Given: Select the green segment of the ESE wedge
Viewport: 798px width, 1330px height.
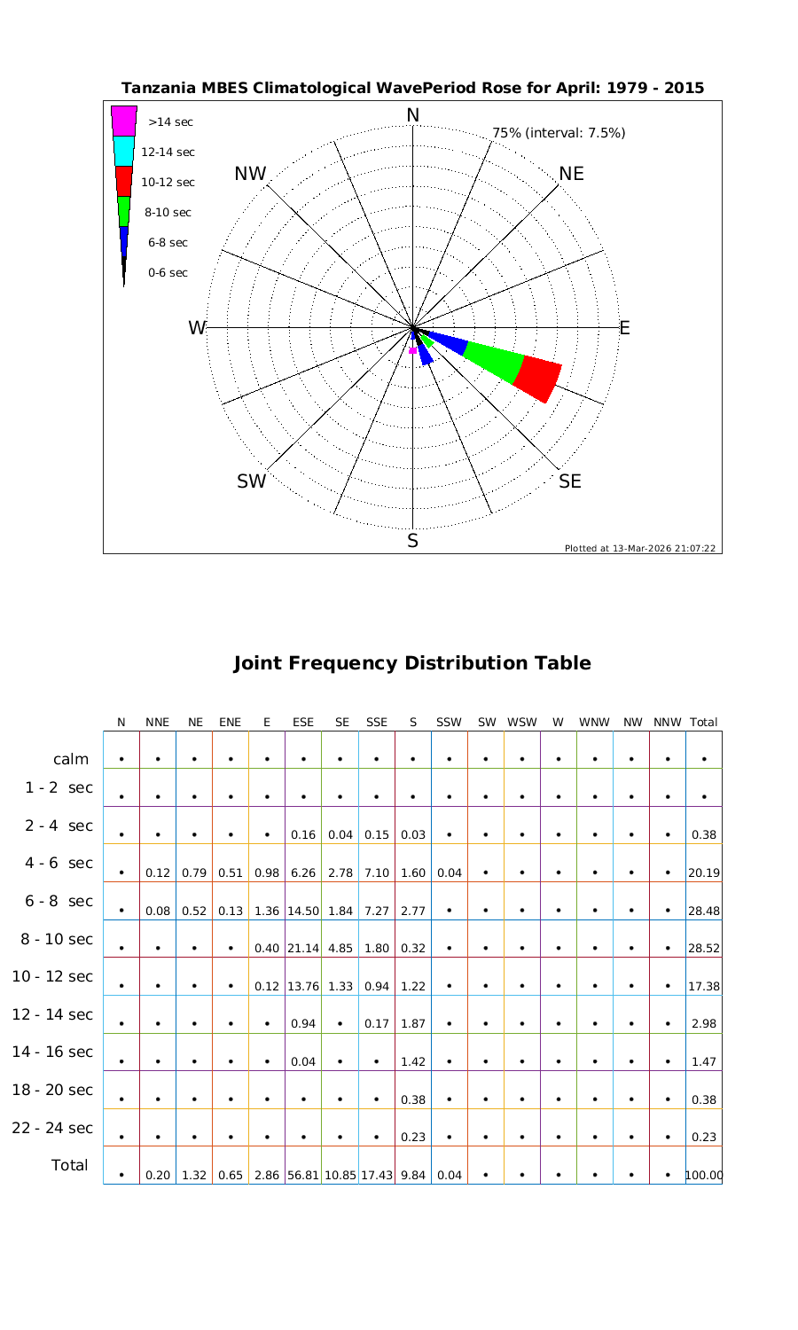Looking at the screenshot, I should coord(493,361).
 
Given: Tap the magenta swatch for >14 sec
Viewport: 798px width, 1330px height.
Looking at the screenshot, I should coord(124,121).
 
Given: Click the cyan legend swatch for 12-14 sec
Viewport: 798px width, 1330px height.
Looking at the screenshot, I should coord(124,152).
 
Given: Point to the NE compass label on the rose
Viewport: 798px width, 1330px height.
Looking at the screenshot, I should coord(572,174).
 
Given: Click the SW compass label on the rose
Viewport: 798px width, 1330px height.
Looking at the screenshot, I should coord(252,481).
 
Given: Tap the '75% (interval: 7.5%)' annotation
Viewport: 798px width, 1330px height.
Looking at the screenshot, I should coord(559,133).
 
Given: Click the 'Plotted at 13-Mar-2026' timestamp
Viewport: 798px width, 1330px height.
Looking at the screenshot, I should coord(639,548).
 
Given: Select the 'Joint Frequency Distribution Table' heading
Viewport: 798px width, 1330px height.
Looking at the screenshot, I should coord(411,663).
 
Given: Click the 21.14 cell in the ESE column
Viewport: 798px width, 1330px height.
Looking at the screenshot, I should coord(303,948).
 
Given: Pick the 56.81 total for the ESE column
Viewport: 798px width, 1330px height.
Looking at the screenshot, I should coord(303,1175).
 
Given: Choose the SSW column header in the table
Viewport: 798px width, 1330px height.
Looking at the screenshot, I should coord(450,723).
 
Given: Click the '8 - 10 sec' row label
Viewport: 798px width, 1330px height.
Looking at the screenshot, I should coord(52,939).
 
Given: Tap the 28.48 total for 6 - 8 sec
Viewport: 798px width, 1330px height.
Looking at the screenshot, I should coord(703,911).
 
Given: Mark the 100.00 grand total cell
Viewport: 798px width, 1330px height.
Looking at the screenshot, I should coord(704,1175).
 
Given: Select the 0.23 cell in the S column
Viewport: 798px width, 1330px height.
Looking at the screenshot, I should coord(413,1137).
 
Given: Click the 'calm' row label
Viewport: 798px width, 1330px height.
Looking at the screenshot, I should coord(71,759).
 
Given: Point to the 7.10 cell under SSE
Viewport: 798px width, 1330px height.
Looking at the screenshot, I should coord(377,872).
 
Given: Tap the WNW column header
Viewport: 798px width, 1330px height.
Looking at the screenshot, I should coord(594,723).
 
